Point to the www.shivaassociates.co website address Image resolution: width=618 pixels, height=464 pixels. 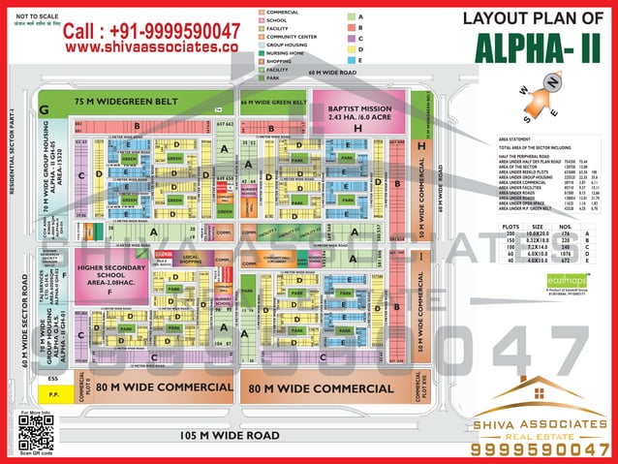click(151, 46)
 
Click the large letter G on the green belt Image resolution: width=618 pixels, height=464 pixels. click(44, 110)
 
